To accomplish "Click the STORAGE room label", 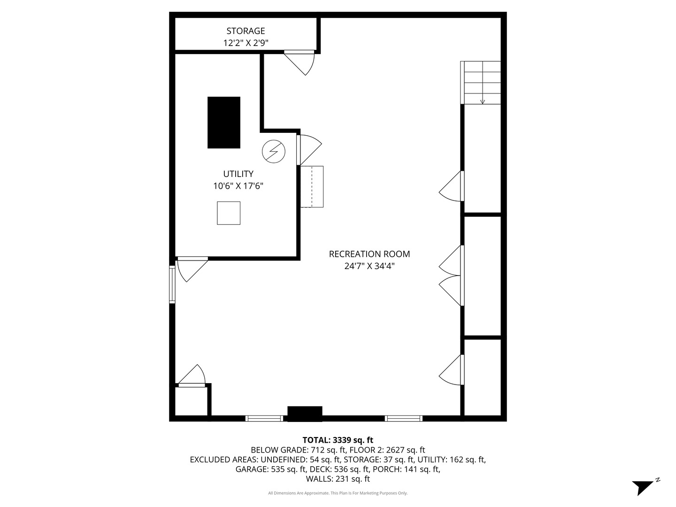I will (246, 31).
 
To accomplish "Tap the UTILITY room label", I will (238, 174).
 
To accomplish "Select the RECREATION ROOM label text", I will (369, 254).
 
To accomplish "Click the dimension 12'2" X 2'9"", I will (246, 43).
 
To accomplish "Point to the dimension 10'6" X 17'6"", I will (238, 186).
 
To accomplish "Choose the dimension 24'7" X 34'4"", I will (369, 266).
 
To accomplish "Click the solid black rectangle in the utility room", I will (224, 123).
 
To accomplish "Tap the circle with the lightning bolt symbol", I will (273, 151).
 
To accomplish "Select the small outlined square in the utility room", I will (229, 213).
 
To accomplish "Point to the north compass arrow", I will (644, 486).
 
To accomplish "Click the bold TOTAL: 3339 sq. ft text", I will (338, 440).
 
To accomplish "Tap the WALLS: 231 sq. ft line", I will (338, 479).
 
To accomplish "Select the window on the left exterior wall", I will (172, 284).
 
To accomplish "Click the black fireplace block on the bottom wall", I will (305, 413).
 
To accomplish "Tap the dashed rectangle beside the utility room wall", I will (312, 186).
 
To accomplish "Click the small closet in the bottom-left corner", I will (191, 401).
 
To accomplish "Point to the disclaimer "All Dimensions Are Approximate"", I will (338, 493).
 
